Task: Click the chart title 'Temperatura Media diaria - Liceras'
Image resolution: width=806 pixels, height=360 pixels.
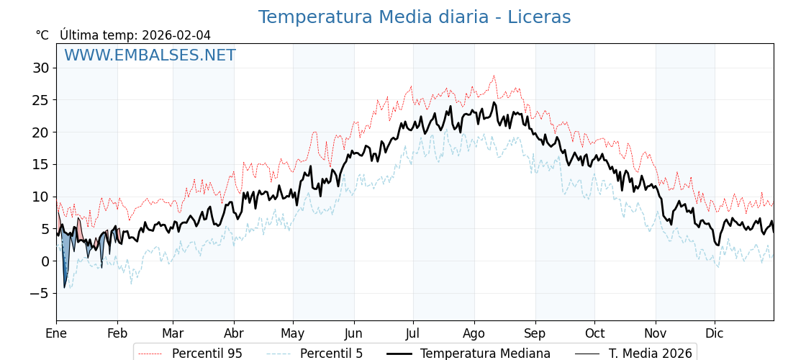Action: point(414,17)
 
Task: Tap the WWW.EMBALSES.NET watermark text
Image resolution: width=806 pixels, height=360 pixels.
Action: point(150,55)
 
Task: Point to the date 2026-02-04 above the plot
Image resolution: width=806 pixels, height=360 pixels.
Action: point(176,35)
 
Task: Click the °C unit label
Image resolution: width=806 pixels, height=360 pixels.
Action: point(42,35)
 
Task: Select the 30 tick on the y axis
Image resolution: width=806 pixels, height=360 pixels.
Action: point(40,68)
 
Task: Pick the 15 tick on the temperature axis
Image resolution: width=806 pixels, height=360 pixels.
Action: point(40,164)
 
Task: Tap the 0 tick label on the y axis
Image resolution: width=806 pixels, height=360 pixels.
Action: point(45,261)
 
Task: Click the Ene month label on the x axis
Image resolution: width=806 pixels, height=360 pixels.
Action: point(56,333)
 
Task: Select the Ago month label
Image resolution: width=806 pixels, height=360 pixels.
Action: point(474,333)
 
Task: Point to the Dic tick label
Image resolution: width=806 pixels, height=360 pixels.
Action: point(715,333)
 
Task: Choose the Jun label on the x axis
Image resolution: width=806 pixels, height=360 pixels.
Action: point(354,333)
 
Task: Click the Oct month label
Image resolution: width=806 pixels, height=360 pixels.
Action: point(594,333)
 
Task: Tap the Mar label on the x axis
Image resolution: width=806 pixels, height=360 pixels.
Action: point(173,333)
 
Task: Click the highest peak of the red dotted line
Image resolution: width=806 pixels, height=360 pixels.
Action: point(494,76)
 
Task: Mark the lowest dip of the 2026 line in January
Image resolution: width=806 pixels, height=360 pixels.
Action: point(64,288)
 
